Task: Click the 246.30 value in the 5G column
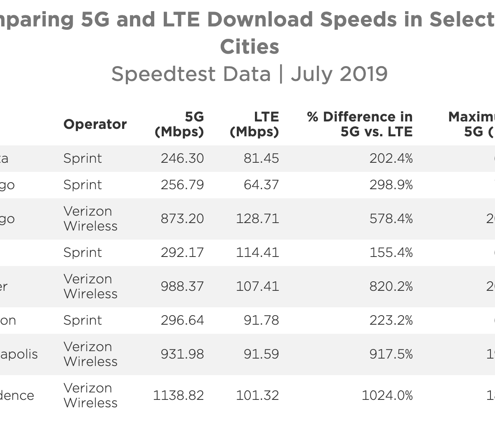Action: click(182, 159)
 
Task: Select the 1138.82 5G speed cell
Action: click(178, 396)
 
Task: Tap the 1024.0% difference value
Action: click(387, 396)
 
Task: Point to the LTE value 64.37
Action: click(261, 185)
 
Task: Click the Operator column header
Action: click(95, 124)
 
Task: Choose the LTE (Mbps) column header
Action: click(254, 124)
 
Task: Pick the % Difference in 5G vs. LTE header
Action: click(360, 124)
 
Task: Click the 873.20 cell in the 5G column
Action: click(182, 219)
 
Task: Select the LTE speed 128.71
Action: click(257, 219)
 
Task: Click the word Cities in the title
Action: click(250, 47)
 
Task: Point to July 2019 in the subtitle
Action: click(339, 74)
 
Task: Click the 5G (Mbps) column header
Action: click(179, 124)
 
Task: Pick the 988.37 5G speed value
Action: click(182, 287)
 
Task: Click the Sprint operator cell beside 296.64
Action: click(82, 321)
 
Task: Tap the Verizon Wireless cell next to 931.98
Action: click(90, 354)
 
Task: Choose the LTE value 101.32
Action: click(257, 396)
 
